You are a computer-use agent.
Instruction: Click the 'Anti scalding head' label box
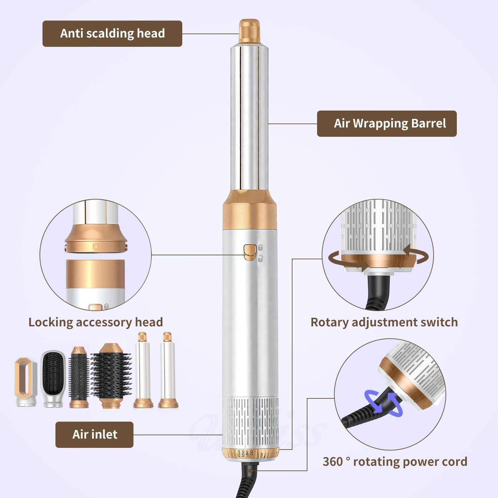point(112,34)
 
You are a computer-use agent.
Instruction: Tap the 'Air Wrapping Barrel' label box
point(387,124)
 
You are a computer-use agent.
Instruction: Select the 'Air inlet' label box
point(94,435)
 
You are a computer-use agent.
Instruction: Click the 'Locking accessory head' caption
point(96,322)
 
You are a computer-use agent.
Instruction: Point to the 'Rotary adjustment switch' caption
point(384,322)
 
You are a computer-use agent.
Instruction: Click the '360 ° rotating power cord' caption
point(395,462)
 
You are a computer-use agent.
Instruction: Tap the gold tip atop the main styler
point(249,31)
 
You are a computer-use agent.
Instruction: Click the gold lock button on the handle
point(250,251)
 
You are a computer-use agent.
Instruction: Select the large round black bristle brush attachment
point(111,375)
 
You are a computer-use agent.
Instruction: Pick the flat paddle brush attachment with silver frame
point(53,379)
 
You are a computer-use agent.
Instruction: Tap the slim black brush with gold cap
point(79,377)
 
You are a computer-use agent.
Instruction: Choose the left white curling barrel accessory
point(143,370)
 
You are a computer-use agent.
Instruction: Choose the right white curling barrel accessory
point(168,370)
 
